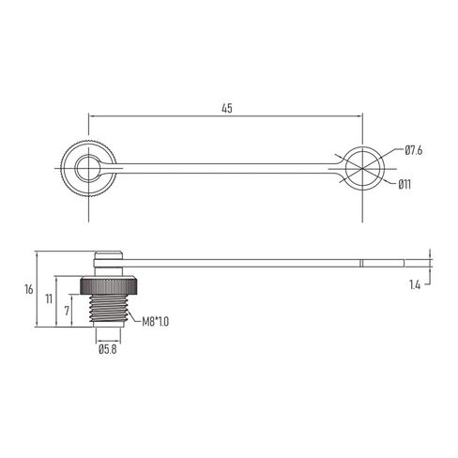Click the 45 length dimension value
click(226, 108)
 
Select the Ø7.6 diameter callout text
click(415, 150)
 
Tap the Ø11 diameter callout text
click(405, 184)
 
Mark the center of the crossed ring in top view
click(362, 170)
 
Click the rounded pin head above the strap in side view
click(109, 255)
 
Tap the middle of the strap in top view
click(225, 170)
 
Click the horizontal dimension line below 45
click(226, 116)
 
